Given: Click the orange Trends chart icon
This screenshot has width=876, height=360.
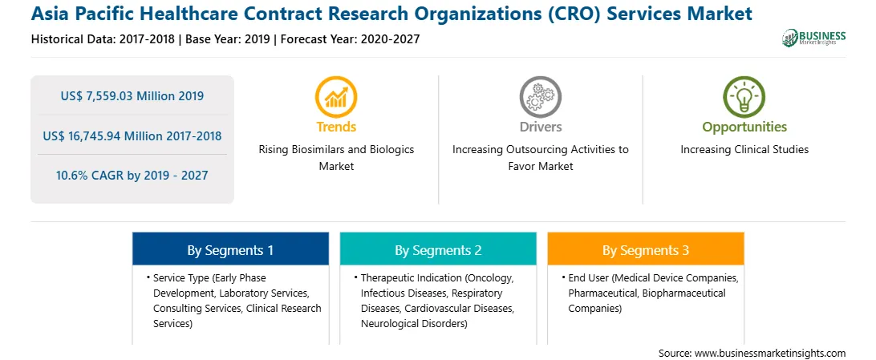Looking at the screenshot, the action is (x=336, y=96).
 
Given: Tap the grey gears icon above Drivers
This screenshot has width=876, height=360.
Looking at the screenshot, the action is (x=540, y=96).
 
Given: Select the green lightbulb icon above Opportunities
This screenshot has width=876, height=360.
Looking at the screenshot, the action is (x=744, y=96).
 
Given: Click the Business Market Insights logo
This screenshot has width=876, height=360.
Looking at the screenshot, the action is (x=814, y=38).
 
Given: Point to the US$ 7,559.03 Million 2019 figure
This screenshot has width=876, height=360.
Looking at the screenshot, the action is (x=132, y=96).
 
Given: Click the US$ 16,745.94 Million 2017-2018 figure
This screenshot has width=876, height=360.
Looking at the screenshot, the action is (x=132, y=136).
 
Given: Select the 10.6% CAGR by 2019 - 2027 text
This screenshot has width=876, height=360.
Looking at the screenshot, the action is (x=132, y=176).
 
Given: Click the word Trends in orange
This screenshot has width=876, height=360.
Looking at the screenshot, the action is (x=336, y=127).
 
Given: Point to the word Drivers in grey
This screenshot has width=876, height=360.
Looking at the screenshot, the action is (x=540, y=127).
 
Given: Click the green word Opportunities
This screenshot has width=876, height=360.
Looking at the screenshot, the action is (x=744, y=127).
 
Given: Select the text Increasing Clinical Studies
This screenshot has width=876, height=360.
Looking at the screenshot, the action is (x=744, y=150).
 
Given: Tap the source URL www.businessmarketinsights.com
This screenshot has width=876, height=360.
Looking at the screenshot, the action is (x=770, y=354).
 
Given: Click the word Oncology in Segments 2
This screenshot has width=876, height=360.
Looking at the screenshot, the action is (x=488, y=277).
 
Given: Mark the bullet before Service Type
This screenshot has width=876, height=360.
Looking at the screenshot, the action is (x=148, y=277).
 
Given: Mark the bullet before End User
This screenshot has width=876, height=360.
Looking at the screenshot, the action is (x=563, y=277).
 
